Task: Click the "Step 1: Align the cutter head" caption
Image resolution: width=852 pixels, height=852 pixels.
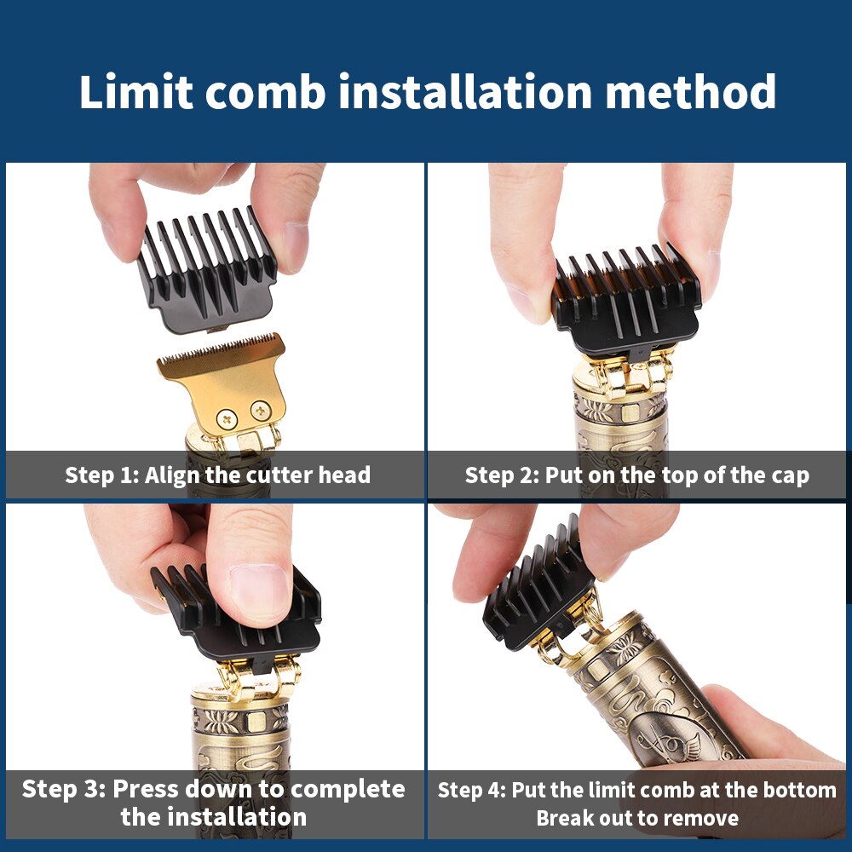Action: pyautogui.click(x=217, y=475)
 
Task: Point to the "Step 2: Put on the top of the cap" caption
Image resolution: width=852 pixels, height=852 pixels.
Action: pyautogui.click(x=636, y=475)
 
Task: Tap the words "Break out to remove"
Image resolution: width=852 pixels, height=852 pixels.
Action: pyautogui.click(x=636, y=818)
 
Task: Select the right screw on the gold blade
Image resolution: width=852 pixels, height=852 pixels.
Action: pyautogui.click(x=260, y=412)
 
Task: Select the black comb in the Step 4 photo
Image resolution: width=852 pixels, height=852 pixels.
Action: pyautogui.click(x=537, y=588)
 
